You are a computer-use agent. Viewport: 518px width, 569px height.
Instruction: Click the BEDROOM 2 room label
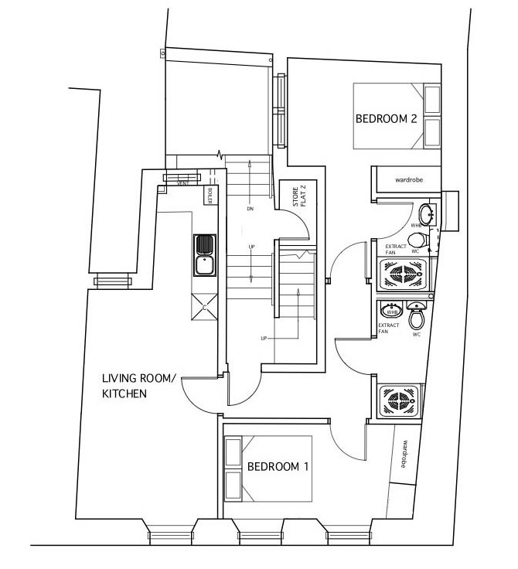tap(387, 119)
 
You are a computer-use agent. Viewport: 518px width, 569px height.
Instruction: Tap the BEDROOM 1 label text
tap(278, 467)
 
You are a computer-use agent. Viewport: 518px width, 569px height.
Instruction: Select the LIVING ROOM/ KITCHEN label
tap(139, 386)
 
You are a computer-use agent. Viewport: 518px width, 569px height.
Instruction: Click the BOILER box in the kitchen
tap(209, 196)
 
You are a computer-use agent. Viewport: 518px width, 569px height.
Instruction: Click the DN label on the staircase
tap(250, 209)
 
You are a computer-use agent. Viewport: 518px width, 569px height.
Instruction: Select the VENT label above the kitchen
tap(183, 184)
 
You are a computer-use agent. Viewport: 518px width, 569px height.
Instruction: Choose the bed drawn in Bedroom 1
tap(267, 468)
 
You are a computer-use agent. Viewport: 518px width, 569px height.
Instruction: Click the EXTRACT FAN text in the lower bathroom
tap(389, 329)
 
